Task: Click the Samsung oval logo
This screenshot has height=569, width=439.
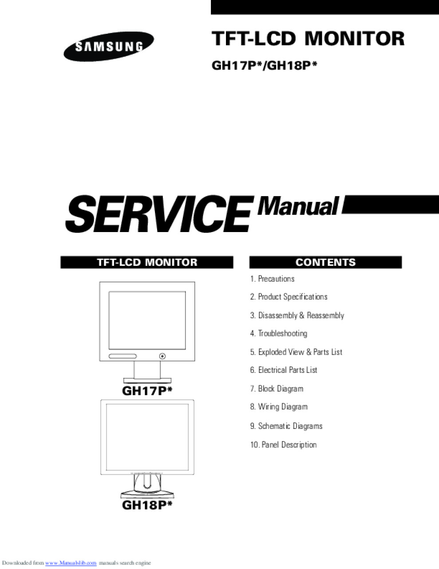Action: [108, 47]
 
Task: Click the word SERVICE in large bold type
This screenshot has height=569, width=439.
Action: [159, 214]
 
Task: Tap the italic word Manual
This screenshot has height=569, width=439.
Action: [298, 207]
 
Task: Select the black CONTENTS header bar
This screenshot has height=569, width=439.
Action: [325, 262]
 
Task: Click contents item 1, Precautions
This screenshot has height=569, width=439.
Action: [272, 279]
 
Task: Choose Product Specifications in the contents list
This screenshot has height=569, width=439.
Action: [289, 297]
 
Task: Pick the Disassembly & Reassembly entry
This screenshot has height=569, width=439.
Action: [297, 315]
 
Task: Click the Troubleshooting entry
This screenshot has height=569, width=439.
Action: [279, 333]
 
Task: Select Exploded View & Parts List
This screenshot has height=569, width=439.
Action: [296, 352]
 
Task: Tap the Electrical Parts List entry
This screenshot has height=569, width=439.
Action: [284, 370]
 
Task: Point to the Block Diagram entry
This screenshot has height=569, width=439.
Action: [277, 389]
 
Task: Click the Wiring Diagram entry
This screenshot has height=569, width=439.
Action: [279, 407]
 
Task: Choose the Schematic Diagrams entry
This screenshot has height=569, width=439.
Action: [286, 426]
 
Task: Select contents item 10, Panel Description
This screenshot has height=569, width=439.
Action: [284, 445]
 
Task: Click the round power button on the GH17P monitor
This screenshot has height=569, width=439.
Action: [162, 356]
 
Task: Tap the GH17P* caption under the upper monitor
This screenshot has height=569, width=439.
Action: [147, 391]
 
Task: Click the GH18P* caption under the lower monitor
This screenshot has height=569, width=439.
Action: [147, 505]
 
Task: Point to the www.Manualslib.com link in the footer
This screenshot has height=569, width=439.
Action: [71, 563]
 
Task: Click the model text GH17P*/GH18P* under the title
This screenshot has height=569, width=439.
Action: [265, 65]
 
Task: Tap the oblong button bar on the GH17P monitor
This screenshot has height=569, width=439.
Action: [123, 356]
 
